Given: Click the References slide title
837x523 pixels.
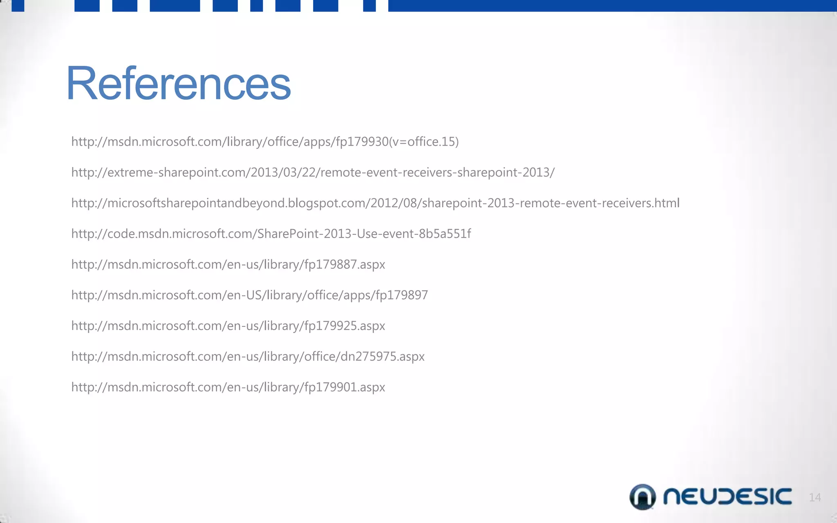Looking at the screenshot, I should pyautogui.click(x=178, y=84).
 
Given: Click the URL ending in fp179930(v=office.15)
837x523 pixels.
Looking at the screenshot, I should pyautogui.click(x=265, y=142).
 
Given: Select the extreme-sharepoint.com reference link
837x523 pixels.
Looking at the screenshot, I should pyautogui.click(x=313, y=172).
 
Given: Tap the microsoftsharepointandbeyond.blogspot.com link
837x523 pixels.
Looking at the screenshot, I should pyautogui.click(x=375, y=203).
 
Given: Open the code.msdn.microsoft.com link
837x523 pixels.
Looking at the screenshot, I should pyautogui.click(x=271, y=234).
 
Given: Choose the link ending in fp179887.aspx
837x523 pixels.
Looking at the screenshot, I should pyautogui.click(x=228, y=264).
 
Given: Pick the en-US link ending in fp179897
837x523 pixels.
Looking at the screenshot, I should pyautogui.click(x=249, y=295).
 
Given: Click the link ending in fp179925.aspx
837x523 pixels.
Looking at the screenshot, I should pyautogui.click(x=228, y=326).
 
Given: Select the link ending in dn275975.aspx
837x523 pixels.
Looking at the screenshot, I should pyautogui.click(x=248, y=356).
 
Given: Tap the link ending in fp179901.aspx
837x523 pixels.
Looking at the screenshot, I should pyautogui.click(x=228, y=387).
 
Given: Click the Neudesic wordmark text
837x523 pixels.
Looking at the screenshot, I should pyautogui.click(x=727, y=496).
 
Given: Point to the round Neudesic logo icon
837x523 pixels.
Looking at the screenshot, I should pyautogui.click(x=642, y=497).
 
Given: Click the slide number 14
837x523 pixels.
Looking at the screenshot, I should pyautogui.click(x=815, y=497).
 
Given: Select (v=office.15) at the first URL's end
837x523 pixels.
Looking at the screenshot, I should pyautogui.click(x=423, y=142).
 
